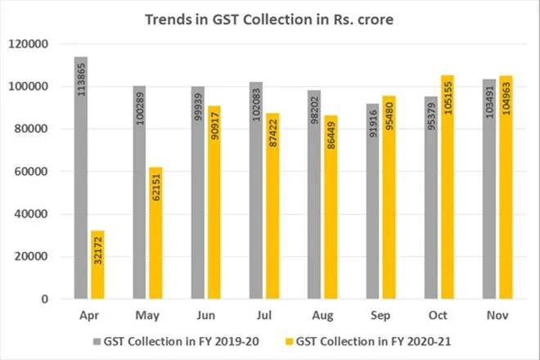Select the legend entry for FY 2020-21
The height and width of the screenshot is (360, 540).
click(x=358, y=336)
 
